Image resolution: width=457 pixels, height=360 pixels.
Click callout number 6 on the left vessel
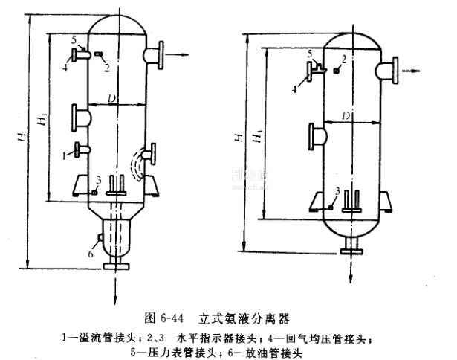(x=91, y=254)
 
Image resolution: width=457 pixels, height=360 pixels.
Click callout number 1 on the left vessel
(x=66, y=156)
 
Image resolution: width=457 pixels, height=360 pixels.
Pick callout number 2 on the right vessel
(x=344, y=58)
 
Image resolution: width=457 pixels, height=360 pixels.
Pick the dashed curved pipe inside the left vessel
(x=137, y=164)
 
